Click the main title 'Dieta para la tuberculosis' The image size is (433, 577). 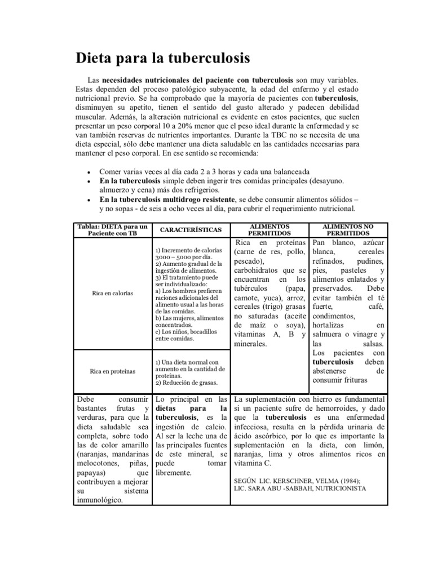[x=163, y=58]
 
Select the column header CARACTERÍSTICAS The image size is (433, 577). [x=191, y=229]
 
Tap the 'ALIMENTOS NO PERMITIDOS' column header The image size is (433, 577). [x=348, y=229]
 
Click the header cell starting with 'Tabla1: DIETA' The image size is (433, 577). [x=112, y=229]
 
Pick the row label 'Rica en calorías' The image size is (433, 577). [x=112, y=293]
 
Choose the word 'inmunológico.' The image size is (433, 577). [x=99, y=499]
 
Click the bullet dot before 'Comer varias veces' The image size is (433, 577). [x=89, y=172]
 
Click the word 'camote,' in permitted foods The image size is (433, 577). [x=248, y=298]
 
